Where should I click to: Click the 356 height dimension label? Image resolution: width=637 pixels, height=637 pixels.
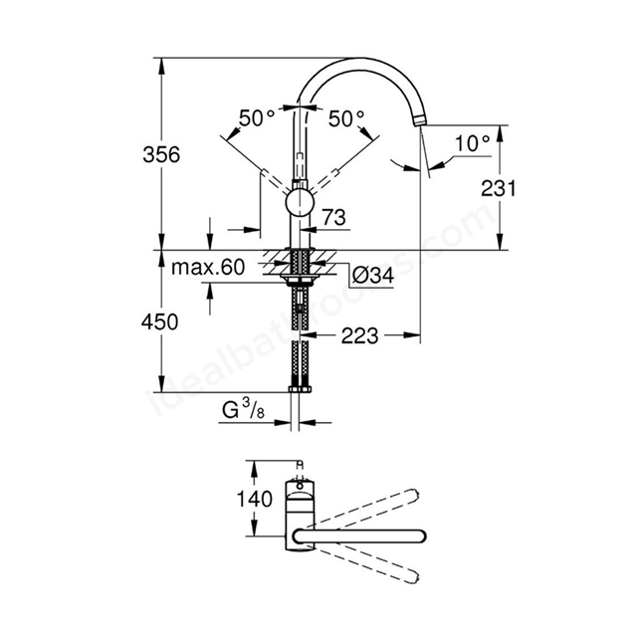(x=161, y=155)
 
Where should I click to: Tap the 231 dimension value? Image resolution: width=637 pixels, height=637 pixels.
(x=498, y=188)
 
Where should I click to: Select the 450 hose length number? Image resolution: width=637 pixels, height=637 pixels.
(x=159, y=321)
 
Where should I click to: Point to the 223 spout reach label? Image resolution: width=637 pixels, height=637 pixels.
(x=359, y=336)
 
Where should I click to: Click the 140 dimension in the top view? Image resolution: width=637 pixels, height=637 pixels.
(x=255, y=499)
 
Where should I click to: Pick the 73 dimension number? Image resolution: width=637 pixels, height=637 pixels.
(x=334, y=217)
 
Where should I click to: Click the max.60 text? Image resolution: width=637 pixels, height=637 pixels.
(x=208, y=268)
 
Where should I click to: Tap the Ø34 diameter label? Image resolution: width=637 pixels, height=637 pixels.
(x=373, y=276)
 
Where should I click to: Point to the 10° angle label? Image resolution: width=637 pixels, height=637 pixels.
(x=473, y=143)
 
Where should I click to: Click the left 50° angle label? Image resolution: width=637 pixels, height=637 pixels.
(x=257, y=118)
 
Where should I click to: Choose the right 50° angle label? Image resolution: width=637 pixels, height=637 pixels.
(x=346, y=119)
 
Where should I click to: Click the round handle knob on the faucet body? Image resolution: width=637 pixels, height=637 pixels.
(x=300, y=203)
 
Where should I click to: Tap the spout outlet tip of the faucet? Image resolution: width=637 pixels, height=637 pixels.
(x=419, y=120)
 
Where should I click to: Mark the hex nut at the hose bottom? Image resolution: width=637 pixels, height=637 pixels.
(x=300, y=389)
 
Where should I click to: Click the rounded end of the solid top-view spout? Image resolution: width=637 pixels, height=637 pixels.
(x=422, y=536)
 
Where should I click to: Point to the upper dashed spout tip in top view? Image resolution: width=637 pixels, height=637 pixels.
(x=415, y=495)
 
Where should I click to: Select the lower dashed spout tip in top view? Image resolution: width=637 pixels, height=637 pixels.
(x=415, y=578)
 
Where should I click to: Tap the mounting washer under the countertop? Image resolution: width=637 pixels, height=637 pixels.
(x=300, y=278)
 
